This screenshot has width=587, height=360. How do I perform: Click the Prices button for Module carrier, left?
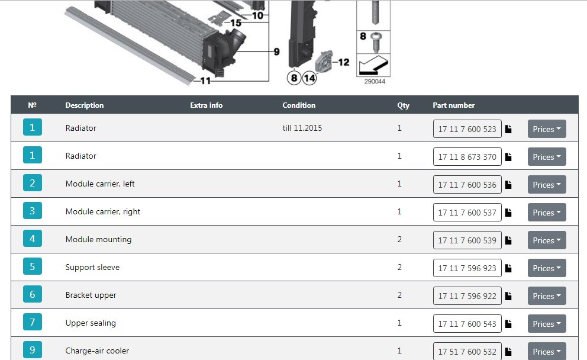pos(547,185)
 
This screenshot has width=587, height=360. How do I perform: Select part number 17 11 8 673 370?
pos(467,157)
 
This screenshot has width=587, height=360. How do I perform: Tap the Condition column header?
pos(299,105)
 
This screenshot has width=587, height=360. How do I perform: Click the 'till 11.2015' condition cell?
pos(302,128)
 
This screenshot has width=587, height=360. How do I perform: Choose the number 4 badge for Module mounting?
pos(32,239)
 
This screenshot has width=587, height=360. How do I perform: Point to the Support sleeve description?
pos(92,267)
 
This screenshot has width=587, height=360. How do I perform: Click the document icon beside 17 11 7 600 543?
pos(508,324)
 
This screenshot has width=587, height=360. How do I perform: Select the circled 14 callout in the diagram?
pos(309,78)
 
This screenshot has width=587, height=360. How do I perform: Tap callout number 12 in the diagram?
pos(344,62)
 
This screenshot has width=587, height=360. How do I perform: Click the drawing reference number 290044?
pos(375,82)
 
